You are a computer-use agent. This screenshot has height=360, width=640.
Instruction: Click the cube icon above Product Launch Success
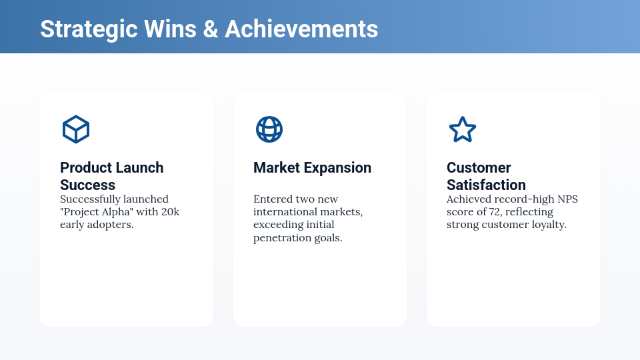(76, 129)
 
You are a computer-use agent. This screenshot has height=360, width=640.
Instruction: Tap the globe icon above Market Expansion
(269, 129)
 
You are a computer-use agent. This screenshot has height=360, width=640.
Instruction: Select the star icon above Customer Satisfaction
(463, 129)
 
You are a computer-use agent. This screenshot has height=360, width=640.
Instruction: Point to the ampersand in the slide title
(211, 29)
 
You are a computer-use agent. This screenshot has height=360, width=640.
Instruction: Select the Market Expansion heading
(312, 168)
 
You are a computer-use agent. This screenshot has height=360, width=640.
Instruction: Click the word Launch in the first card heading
(139, 168)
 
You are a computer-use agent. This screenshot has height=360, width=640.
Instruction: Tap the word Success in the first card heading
(88, 185)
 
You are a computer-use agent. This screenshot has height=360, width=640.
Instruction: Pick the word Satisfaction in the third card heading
(486, 185)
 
